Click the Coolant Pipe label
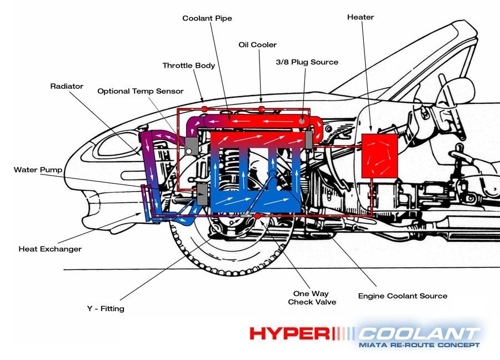207,18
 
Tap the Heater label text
361,17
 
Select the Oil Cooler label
257,44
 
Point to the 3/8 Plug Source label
307,62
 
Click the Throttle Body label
189,66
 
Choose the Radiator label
67,86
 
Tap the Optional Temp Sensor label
140,91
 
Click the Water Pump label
38,169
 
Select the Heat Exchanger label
50,249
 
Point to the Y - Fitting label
106,308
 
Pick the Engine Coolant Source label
402,296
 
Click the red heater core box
379,155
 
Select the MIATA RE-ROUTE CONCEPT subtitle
419,345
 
